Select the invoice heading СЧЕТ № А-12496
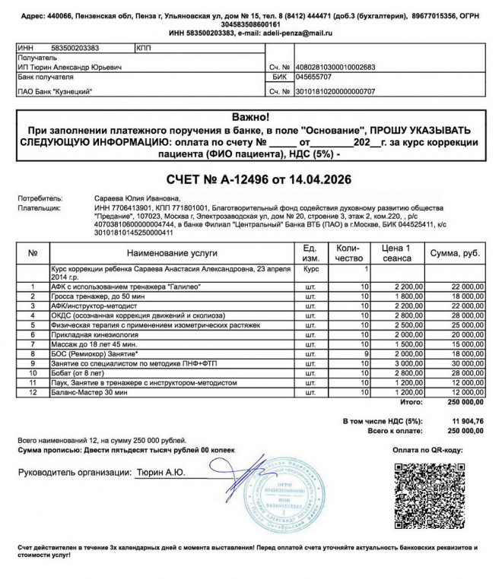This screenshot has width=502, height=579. click(x=251, y=180)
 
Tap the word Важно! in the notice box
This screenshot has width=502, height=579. click(x=251, y=117)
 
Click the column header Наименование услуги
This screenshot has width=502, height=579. click(x=172, y=252)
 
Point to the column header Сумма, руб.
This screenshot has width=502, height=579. click(x=454, y=252)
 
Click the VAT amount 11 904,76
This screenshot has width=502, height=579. click(x=467, y=420)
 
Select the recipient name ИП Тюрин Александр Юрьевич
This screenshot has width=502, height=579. click(x=68, y=67)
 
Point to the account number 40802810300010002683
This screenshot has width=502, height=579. click(x=335, y=67)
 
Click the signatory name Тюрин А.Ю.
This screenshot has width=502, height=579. click(x=161, y=473)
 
